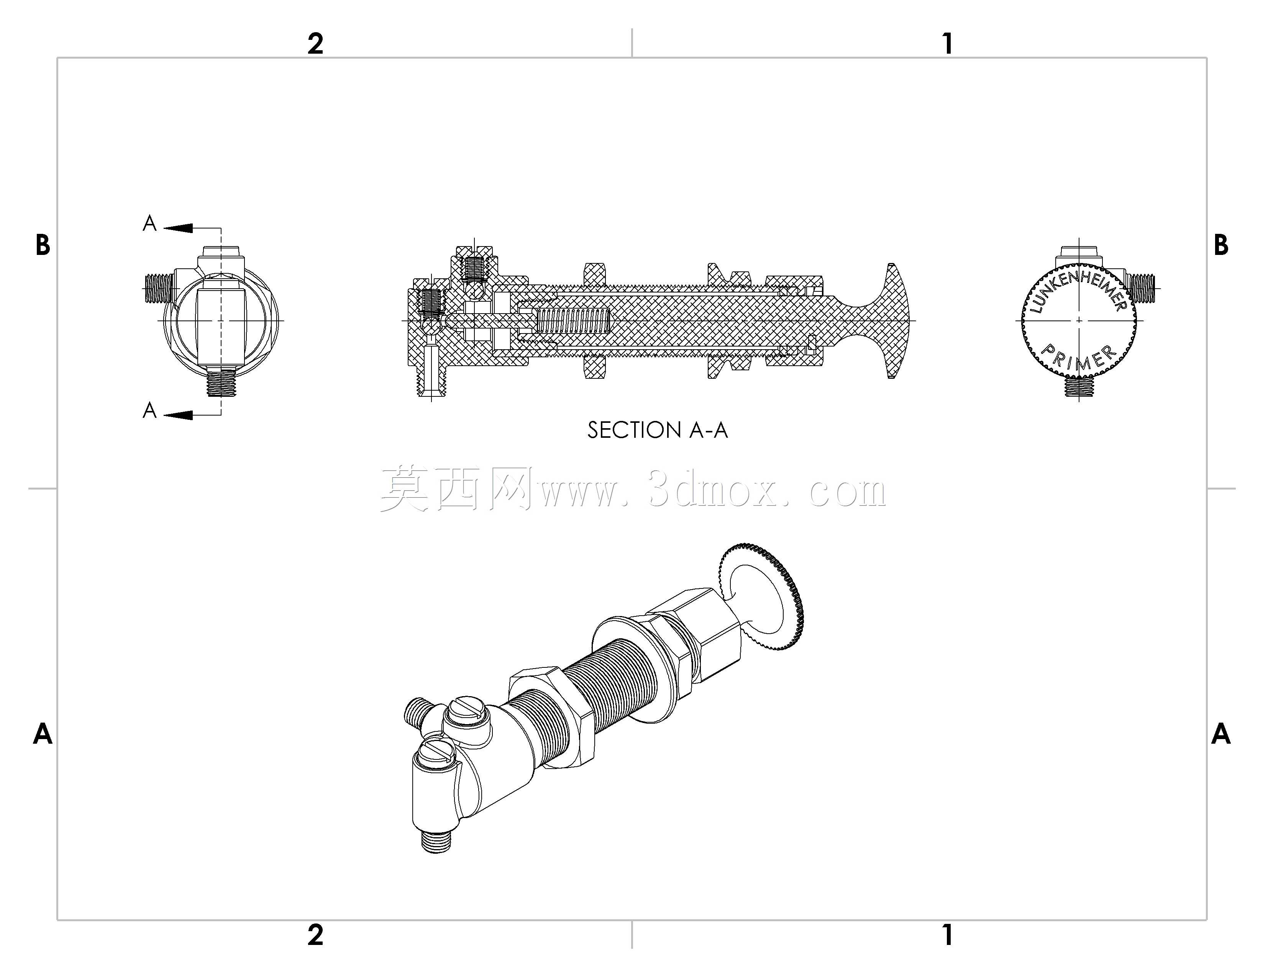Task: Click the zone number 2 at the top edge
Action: coord(315,43)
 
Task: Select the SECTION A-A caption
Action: coord(658,430)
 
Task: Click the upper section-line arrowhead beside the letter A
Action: coord(178,228)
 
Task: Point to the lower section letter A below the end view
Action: coord(150,410)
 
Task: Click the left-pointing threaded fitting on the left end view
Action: coord(160,288)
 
